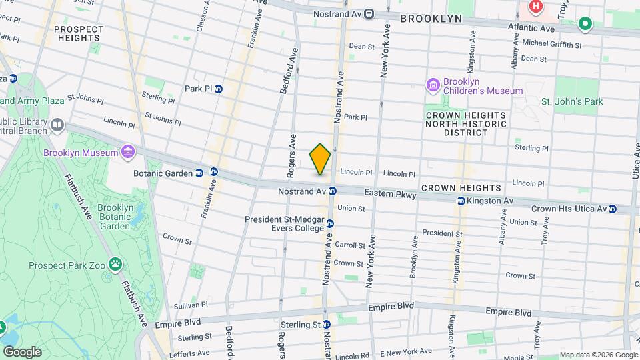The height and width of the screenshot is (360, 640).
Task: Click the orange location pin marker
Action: click(x=320, y=159)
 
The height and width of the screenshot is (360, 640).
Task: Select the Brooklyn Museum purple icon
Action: click(x=127, y=153)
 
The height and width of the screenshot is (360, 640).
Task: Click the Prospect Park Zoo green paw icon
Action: click(x=117, y=265)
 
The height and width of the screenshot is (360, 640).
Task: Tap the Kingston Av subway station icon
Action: click(x=461, y=201)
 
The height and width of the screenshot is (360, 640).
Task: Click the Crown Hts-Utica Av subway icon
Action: click(x=613, y=209)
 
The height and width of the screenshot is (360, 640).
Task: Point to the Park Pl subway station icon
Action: click(x=218, y=89)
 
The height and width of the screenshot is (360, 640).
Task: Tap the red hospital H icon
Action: click(x=535, y=7)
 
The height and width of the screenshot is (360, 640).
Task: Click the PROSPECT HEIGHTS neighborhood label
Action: click(x=79, y=34)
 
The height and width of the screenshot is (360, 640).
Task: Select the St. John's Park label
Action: click(x=571, y=101)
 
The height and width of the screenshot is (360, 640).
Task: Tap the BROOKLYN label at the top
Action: click(x=431, y=19)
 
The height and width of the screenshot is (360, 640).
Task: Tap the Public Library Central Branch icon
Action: click(x=57, y=125)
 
